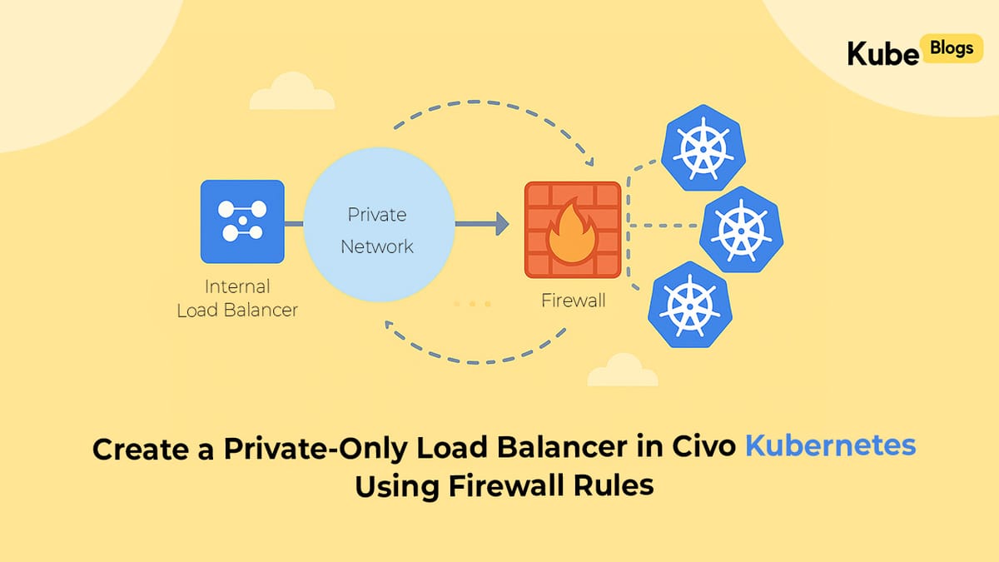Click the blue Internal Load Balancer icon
[x=242, y=221]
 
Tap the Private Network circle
[x=378, y=231]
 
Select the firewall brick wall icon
[x=572, y=230]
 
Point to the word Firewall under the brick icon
[x=574, y=301]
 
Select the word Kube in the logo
[x=882, y=52]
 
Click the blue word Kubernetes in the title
[x=829, y=447]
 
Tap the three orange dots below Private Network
[x=472, y=304]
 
